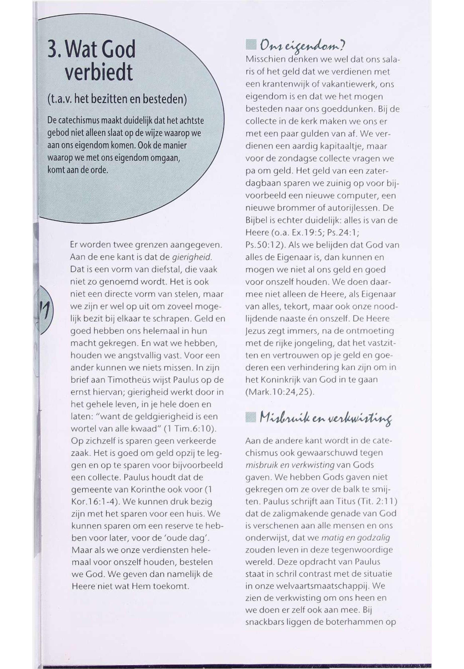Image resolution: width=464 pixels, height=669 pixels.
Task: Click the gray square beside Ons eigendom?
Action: pos(250,46)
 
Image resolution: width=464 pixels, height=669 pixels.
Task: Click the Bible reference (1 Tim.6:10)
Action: pos(189,429)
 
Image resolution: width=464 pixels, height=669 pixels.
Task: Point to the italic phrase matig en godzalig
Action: pos(355,538)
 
